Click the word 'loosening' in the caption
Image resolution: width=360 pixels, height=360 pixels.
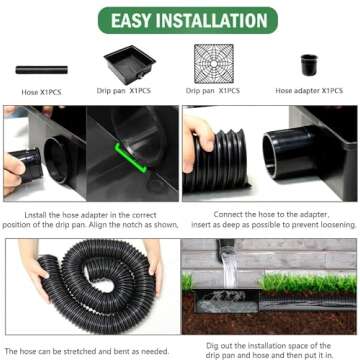tap(324, 225)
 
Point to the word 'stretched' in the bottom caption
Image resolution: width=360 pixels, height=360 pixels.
tap(87, 350)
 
